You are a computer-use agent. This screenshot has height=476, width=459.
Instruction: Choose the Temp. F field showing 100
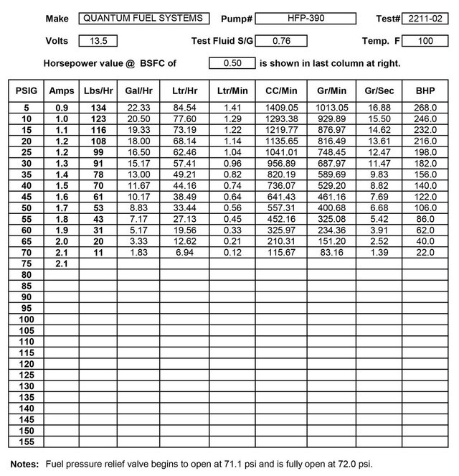pyautogui.click(x=426, y=40)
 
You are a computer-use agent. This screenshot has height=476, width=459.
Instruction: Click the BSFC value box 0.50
pyautogui.click(x=232, y=63)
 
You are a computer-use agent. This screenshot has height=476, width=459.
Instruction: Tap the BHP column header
pyautogui.click(x=425, y=91)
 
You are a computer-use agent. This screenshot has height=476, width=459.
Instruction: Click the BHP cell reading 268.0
pyautogui.click(x=425, y=108)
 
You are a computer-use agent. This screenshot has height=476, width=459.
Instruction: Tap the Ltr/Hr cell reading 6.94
pyautogui.click(x=185, y=253)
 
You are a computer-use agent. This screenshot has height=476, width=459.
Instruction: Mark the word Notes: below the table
pyautogui.click(x=24, y=463)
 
